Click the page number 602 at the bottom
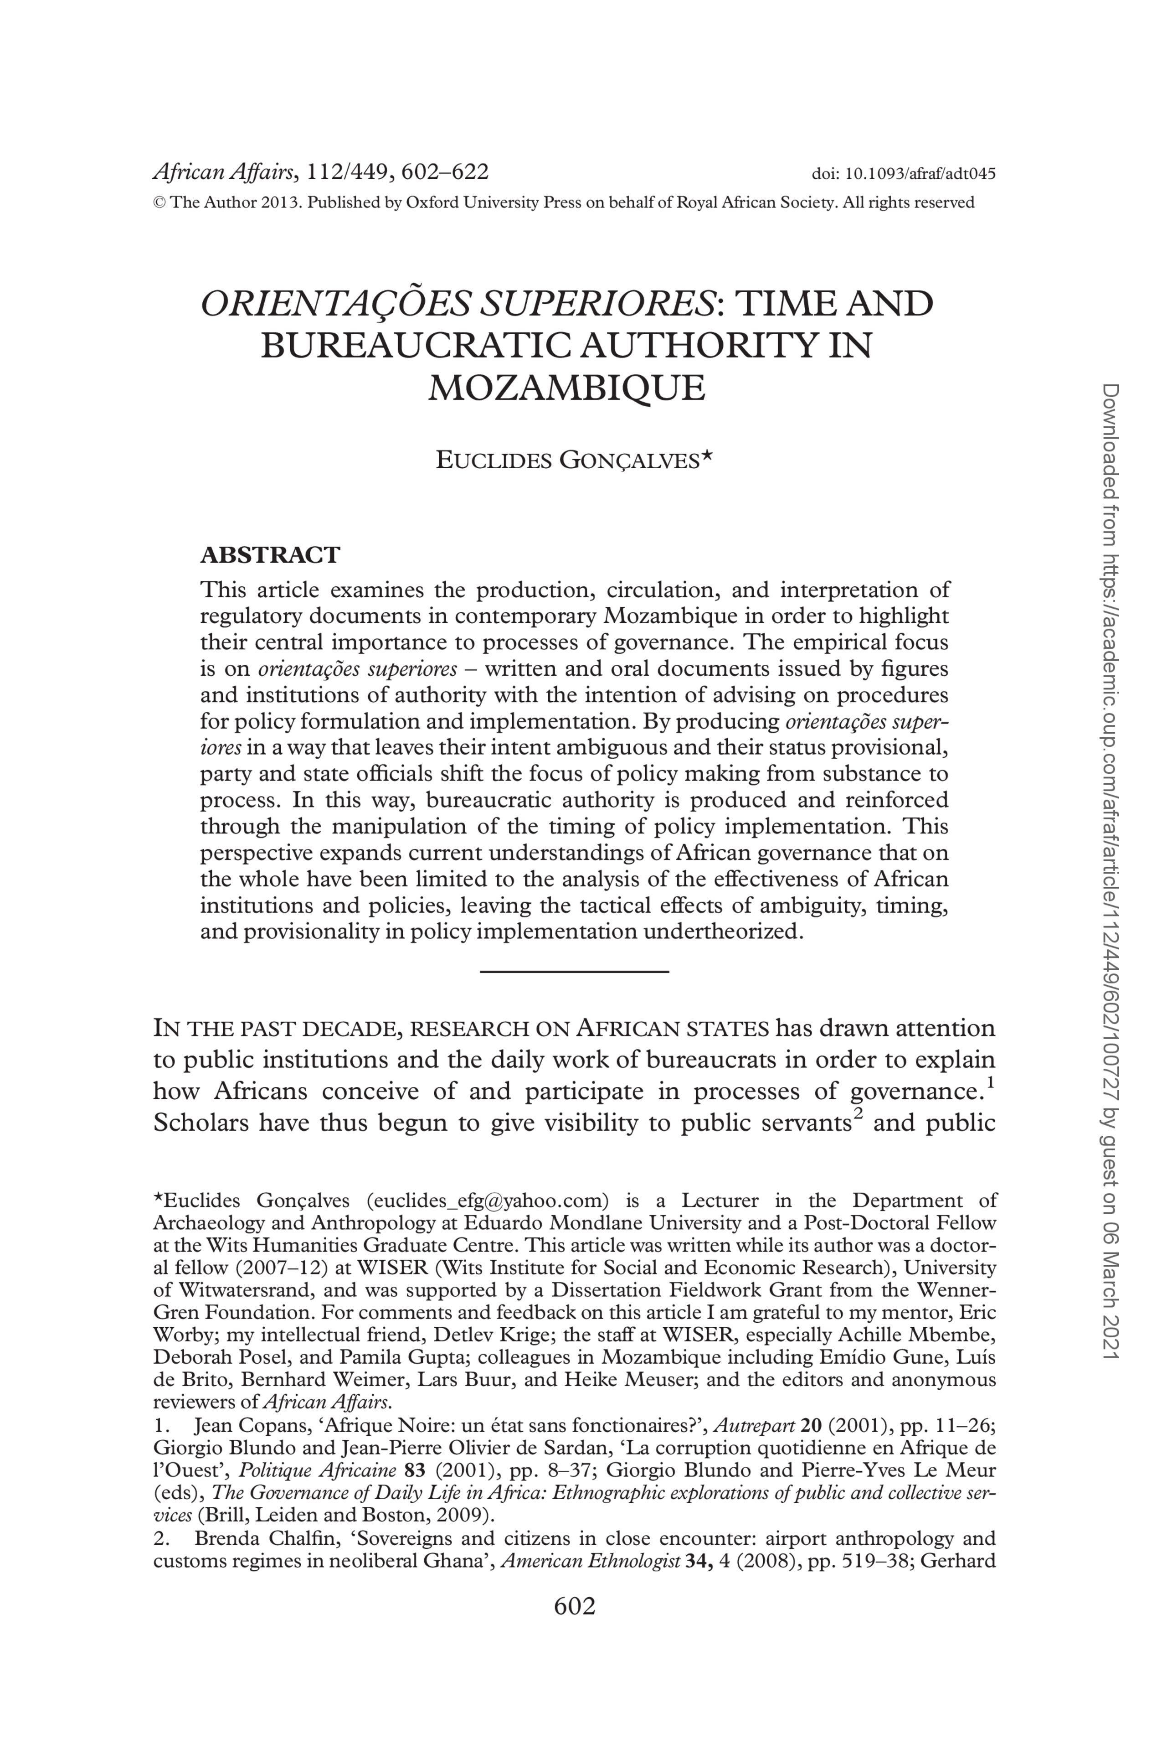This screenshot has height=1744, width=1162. (574, 1606)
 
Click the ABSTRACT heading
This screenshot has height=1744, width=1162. (270, 554)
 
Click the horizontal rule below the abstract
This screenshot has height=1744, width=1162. (574, 971)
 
